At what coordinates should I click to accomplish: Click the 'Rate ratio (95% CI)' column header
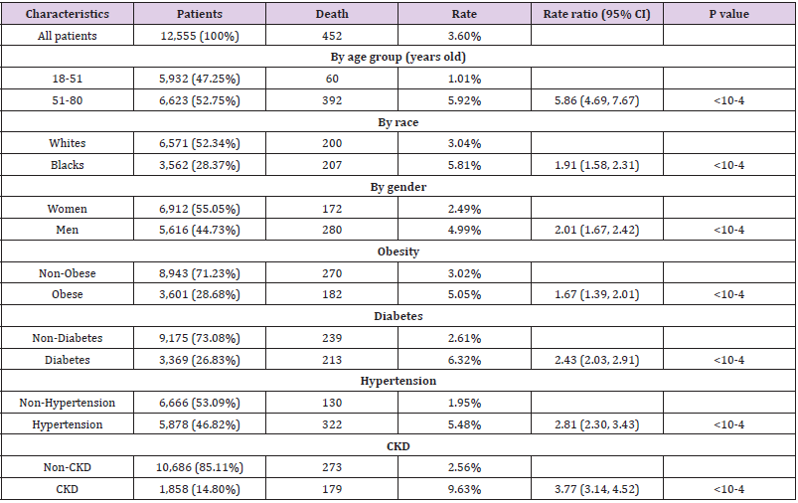[596, 15]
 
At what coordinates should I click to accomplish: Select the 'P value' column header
[728, 15]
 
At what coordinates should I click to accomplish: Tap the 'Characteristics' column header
[68, 15]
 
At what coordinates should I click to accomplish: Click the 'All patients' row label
[68, 36]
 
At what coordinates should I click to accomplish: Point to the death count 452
[332, 36]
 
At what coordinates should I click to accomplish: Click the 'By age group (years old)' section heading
[399, 57]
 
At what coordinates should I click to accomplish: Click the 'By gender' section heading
[399, 187]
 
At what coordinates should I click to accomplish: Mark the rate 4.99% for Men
[464, 230]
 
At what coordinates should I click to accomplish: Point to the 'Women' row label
[68, 209]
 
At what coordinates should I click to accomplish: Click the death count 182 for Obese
[332, 295]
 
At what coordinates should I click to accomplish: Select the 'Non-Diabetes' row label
[68, 338]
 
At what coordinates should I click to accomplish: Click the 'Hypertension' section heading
[399, 381]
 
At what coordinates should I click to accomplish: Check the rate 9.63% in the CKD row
[464, 489]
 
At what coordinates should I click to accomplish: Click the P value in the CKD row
[728, 489]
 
